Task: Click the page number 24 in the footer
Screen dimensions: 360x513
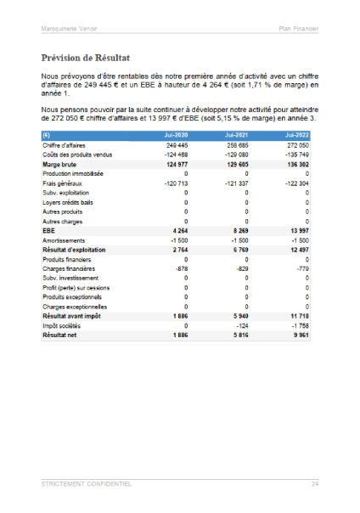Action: (x=314, y=483)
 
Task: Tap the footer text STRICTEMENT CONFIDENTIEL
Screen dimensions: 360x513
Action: (x=86, y=483)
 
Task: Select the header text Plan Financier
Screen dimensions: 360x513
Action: (x=298, y=29)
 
